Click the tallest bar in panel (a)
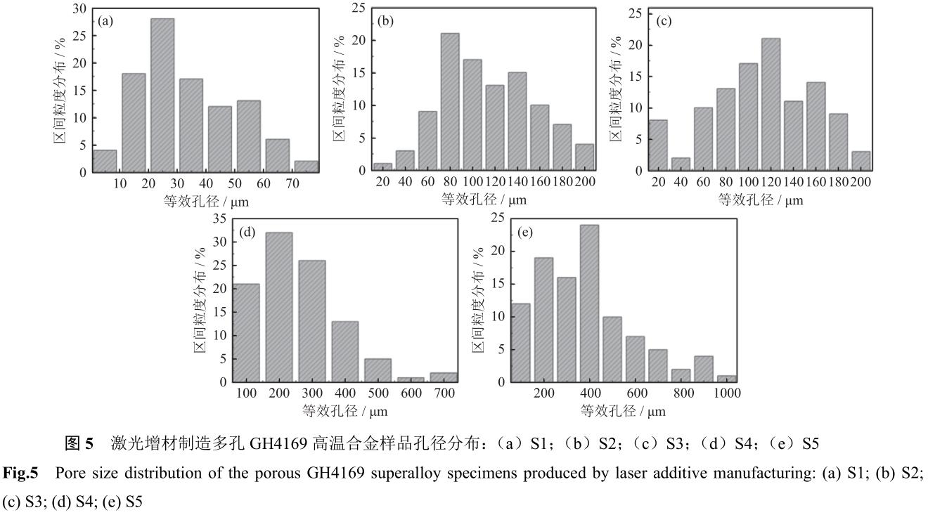coord(162,95)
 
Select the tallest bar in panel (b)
coord(449,102)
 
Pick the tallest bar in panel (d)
coord(279,307)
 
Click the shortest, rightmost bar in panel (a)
coord(305,166)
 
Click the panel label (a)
coord(107,22)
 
